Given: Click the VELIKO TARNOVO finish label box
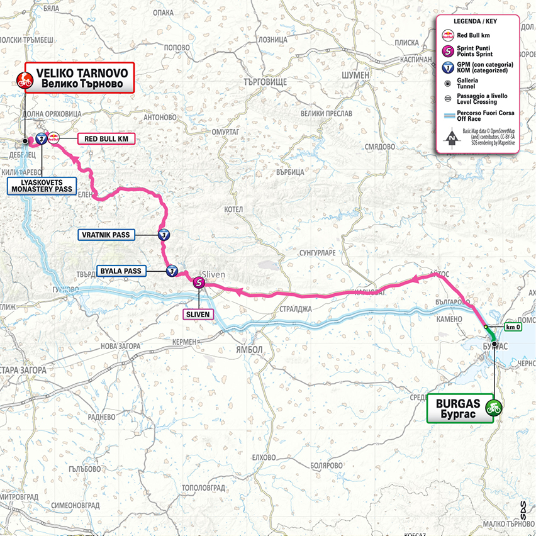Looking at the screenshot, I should (x=80, y=78).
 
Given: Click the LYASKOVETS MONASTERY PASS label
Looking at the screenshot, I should (x=41, y=184).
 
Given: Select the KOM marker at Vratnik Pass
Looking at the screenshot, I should (x=164, y=235).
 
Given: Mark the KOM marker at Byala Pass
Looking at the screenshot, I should (x=171, y=271).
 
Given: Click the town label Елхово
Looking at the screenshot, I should (x=262, y=457).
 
